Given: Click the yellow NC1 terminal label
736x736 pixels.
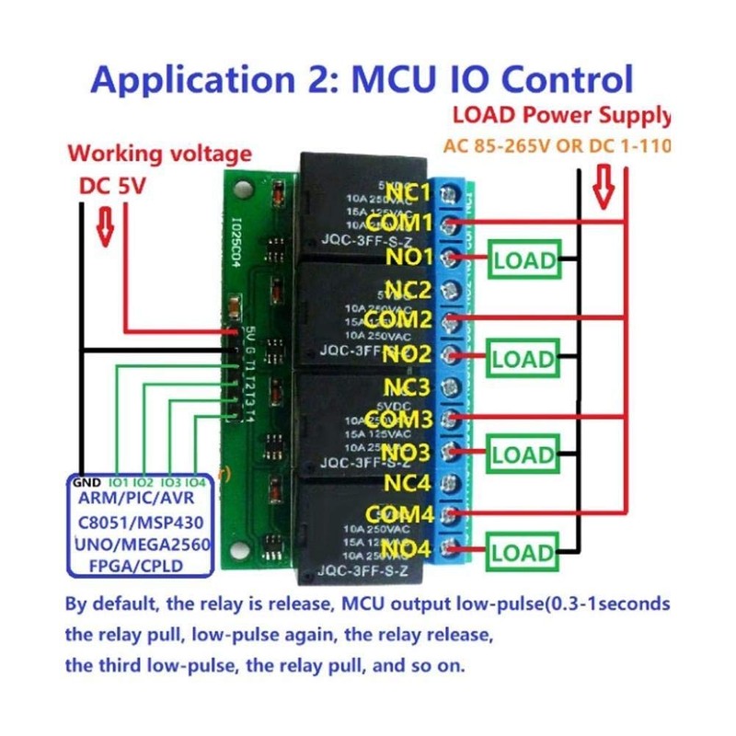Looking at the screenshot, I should (x=408, y=193).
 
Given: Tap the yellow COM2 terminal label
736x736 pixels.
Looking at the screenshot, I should (x=398, y=321).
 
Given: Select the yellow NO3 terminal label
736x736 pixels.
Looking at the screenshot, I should (x=405, y=451).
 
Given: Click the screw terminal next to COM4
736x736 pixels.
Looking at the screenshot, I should (x=451, y=513).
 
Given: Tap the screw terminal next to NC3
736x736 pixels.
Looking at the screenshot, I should (x=451, y=385).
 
